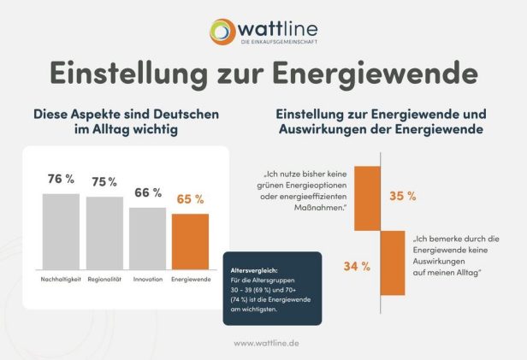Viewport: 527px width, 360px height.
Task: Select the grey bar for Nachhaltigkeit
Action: tap(61, 231)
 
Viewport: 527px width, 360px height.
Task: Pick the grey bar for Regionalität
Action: tap(104, 233)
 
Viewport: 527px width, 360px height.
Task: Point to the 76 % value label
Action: tap(61, 180)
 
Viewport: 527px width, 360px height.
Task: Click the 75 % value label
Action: tap(104, 182)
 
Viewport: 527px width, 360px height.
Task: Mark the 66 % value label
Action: tap(147, 193)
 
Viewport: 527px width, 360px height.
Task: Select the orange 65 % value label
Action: tap(190, 199)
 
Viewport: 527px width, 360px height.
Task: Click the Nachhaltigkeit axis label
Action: tap(61, 280)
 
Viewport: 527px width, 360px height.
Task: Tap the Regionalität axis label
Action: tap(104, 280)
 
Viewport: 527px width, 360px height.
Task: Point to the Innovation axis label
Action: tap(147, 280)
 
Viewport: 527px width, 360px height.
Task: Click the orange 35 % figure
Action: tap(402, 196)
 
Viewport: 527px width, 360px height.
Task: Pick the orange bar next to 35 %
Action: tap(367, 198)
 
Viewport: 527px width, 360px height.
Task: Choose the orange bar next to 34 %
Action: tap(393, 263)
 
